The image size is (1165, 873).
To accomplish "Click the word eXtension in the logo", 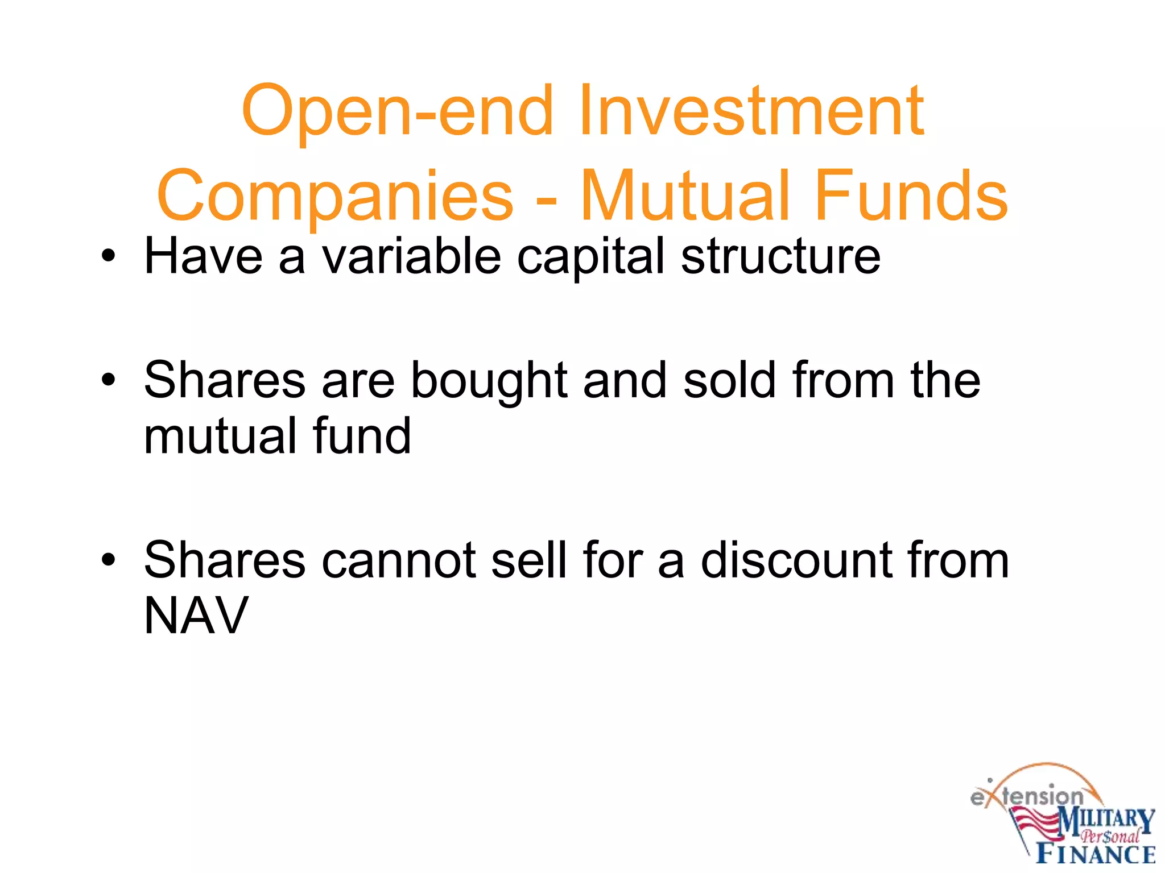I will click(x=1027, y=796).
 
